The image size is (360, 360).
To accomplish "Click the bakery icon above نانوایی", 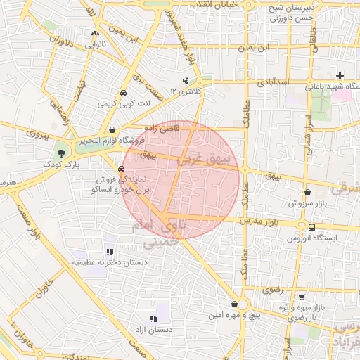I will tap(95, 32).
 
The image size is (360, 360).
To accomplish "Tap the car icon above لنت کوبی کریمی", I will tap(123, 93).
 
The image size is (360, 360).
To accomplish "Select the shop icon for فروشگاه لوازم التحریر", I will tap(112, 129).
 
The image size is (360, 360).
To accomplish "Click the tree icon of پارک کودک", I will tap(63, 153).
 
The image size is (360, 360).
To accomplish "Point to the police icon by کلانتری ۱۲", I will tap(186, 80).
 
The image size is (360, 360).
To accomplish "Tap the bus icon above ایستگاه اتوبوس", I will tap(311, 227).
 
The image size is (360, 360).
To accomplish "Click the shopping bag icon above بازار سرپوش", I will tap(307, 192).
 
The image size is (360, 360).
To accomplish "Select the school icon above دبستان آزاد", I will tap(155, 317).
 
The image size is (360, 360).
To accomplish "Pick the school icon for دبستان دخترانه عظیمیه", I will tap(109, 252).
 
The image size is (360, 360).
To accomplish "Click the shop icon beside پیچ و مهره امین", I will tap(233, 304).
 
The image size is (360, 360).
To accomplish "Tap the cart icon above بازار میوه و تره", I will tap(302, 297).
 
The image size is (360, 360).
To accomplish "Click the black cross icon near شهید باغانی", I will tap(340, 75).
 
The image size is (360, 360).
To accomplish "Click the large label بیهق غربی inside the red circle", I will tap(203, 160).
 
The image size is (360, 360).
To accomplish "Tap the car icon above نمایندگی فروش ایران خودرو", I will tap(122, 169).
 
